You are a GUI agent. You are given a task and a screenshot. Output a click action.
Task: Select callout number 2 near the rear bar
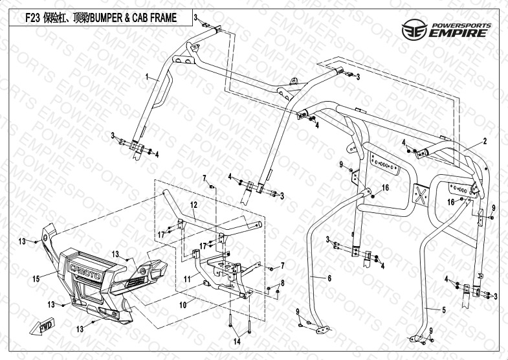click(483, 141)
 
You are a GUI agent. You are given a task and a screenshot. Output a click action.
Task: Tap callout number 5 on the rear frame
click(443, 310)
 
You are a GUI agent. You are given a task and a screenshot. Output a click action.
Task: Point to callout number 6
click(329, 277)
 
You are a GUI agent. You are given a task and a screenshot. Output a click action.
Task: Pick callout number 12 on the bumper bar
click(193, 205)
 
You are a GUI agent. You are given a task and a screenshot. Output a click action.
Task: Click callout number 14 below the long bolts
click(237, 341)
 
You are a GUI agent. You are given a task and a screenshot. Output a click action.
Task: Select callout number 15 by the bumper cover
click(36, 278)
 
